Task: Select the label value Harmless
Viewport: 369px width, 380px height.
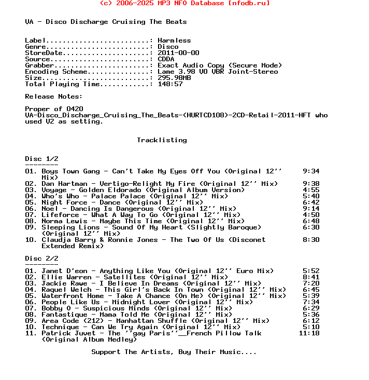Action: (174, 40)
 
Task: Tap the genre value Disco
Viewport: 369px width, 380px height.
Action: (168, 47)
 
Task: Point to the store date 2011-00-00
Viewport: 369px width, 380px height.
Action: (178, 53)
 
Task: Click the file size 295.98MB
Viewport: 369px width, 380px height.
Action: (174, 78)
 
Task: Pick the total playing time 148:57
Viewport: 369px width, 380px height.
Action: (170, 84)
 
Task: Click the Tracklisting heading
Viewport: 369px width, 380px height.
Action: (162, 140)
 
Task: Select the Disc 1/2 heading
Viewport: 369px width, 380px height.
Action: (41, 159)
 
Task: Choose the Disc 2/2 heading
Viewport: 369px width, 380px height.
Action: (41, 259)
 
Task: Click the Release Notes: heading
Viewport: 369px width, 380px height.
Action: (54, 97)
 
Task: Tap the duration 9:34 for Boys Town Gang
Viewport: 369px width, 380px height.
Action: (311, 171)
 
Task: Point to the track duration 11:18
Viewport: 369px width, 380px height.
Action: (309, 333)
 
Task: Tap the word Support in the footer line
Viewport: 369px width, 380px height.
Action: (106, 352)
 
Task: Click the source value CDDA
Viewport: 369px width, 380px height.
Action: (166, 59)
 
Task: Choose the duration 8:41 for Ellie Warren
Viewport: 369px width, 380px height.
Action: (311, 277)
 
